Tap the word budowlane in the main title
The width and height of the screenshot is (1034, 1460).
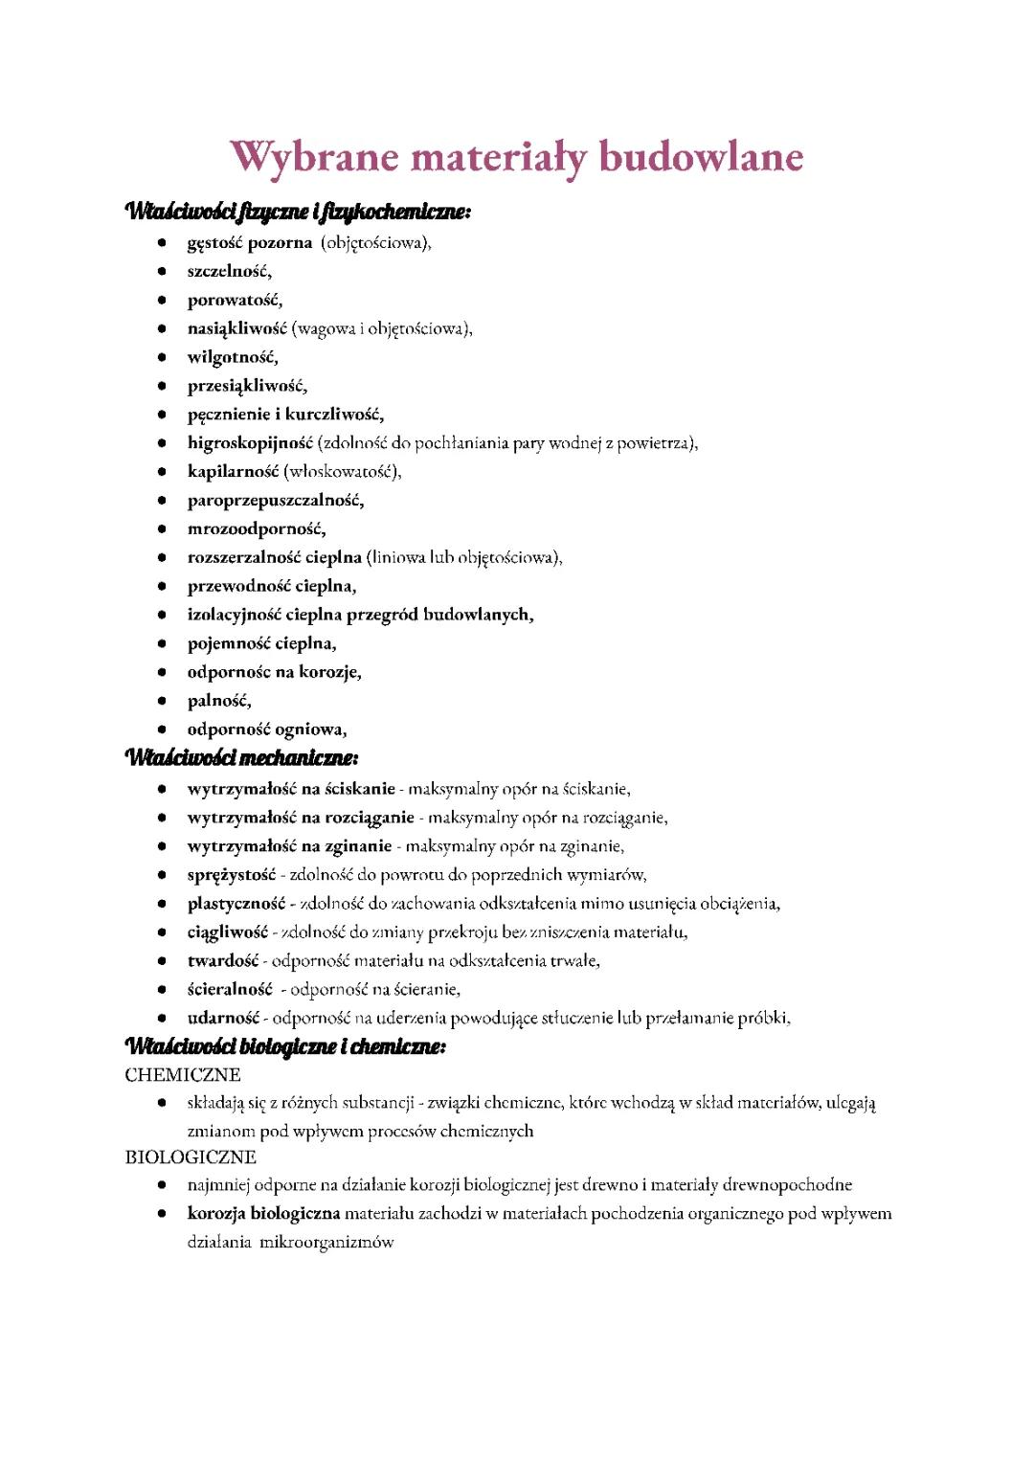[x=701, y=157]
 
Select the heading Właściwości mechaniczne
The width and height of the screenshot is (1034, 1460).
[x=241, y=758]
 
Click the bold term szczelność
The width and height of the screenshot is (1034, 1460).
[x=229, y=272]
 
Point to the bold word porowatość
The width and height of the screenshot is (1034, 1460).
[x=235, y=301]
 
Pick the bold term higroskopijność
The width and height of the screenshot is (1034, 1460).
[x=250, y=443]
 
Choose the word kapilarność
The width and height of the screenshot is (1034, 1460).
[x=233, y=472]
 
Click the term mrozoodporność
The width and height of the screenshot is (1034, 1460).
[x=256, y=529]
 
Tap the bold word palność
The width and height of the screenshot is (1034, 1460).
[x=219, y=701]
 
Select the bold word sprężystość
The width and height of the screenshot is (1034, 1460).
[x=231, y=875]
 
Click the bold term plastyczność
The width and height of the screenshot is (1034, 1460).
[x=236, y=904]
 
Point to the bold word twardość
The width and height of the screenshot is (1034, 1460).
[x=223, y=961]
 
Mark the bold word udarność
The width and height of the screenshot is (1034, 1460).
[x=223, y=1019]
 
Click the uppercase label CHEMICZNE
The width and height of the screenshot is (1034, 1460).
[x=183, y=1075]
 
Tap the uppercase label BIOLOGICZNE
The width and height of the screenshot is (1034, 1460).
[x=191, y=1157]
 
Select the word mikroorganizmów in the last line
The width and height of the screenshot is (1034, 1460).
[x=326, y=1243]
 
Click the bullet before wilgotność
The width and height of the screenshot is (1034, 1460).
[x=163, y=358]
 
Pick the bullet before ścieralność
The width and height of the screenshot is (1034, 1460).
[x=163, y=990]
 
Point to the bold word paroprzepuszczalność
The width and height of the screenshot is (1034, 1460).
[x=276, y=501]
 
